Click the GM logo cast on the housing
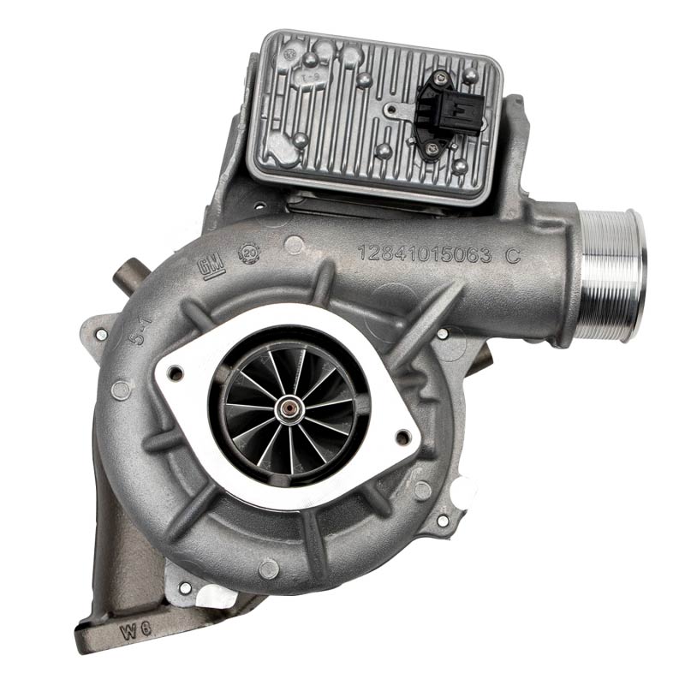[211, 268]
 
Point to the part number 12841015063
[424, 253]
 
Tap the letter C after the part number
[512, 254]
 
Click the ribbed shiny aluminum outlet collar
[610, 275]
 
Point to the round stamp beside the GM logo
[249, 254]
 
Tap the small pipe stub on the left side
[128, 276]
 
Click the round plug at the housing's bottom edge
[268, 569]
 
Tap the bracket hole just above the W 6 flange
[184, 588]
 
